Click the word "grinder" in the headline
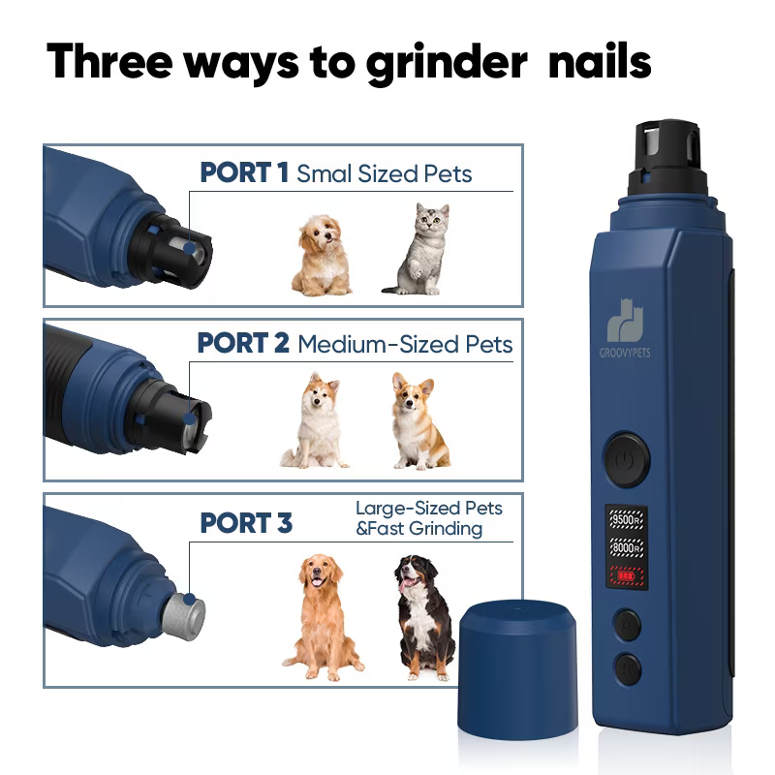point(447,64)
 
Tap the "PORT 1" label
point(244,172)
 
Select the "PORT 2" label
point(243,343)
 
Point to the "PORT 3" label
point(246,522)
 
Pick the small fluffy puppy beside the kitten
point(322,255)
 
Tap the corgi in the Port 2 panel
point(419,420)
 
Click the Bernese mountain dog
point(423,617)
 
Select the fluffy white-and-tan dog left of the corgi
point(316,420)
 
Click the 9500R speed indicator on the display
point(626,520)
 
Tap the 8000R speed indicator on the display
point(626,548)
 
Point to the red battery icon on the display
point(626,575)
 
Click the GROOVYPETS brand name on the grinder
point(625,353)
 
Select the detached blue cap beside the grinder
point(517,669)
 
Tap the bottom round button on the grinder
point(628,669)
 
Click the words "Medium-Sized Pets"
point(405,344)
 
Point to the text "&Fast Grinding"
point(419,529)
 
